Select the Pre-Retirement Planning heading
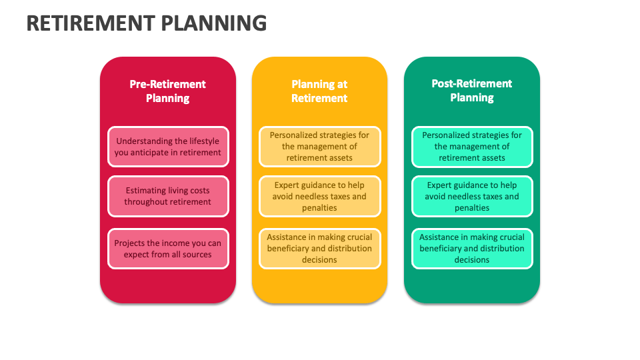[168, 91]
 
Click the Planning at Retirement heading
[319, 91]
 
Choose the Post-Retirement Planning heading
[472, 91]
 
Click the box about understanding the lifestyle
[168, 147]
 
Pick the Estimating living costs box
[168, 196]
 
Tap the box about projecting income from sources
[168, 249]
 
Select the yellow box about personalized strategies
[319, 147]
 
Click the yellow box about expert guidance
[319, 196]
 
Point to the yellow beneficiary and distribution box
[319, 249]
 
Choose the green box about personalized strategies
[472, 147]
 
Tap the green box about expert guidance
[472, 196]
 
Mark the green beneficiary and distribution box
[472, 249]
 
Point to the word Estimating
[146, 191]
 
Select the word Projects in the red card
[129, 243]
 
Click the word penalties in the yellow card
[319, 208]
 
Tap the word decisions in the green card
[472, 260]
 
